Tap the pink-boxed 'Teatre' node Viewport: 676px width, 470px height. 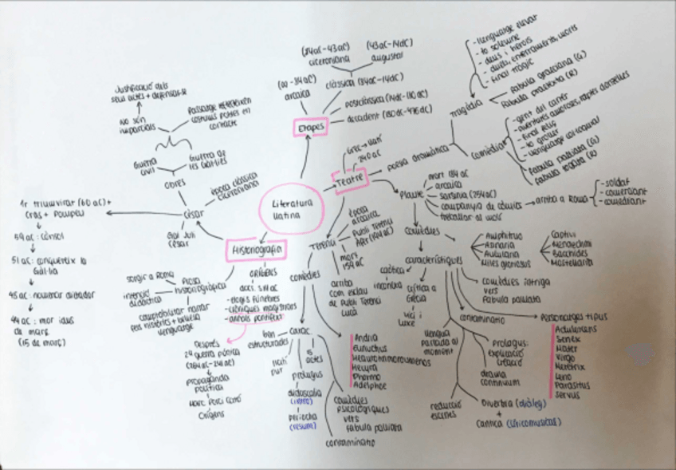click(x=349, y=181)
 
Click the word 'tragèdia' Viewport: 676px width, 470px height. click(x=466, y=107)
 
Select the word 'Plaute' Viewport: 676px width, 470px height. click(x=411, y=194)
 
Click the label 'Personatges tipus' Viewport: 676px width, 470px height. click(x=572, y=318)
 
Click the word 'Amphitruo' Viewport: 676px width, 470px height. click(x=505, y=236)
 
